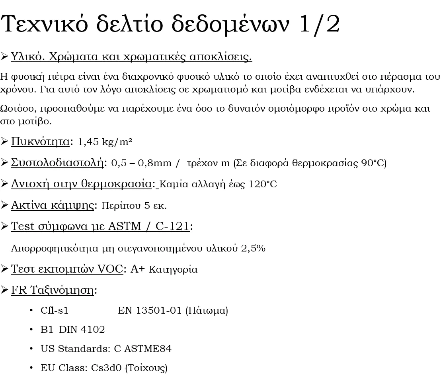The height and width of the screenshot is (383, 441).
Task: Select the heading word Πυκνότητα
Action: (x=40, y=141)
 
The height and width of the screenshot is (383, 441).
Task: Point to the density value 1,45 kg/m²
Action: (x=105, y=142)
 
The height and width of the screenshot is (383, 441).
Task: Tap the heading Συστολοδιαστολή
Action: (x=57, y=163)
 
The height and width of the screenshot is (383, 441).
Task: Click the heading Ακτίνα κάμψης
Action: (x=52, y=205)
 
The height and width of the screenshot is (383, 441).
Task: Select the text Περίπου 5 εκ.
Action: (x=134, y=206)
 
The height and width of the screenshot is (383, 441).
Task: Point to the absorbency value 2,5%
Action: (x=253, y=248)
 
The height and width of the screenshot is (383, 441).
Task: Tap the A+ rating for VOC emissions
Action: (x=137, y=269)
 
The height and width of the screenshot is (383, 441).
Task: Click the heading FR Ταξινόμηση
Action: (x=52, y=290)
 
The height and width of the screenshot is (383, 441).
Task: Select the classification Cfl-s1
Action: (x=55, y=310)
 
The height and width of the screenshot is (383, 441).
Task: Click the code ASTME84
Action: (x=148, y=349)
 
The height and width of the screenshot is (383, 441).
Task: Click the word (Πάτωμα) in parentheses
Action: (x=207, y=310)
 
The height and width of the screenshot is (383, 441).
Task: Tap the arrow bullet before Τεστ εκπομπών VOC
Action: (x=4, y=269)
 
